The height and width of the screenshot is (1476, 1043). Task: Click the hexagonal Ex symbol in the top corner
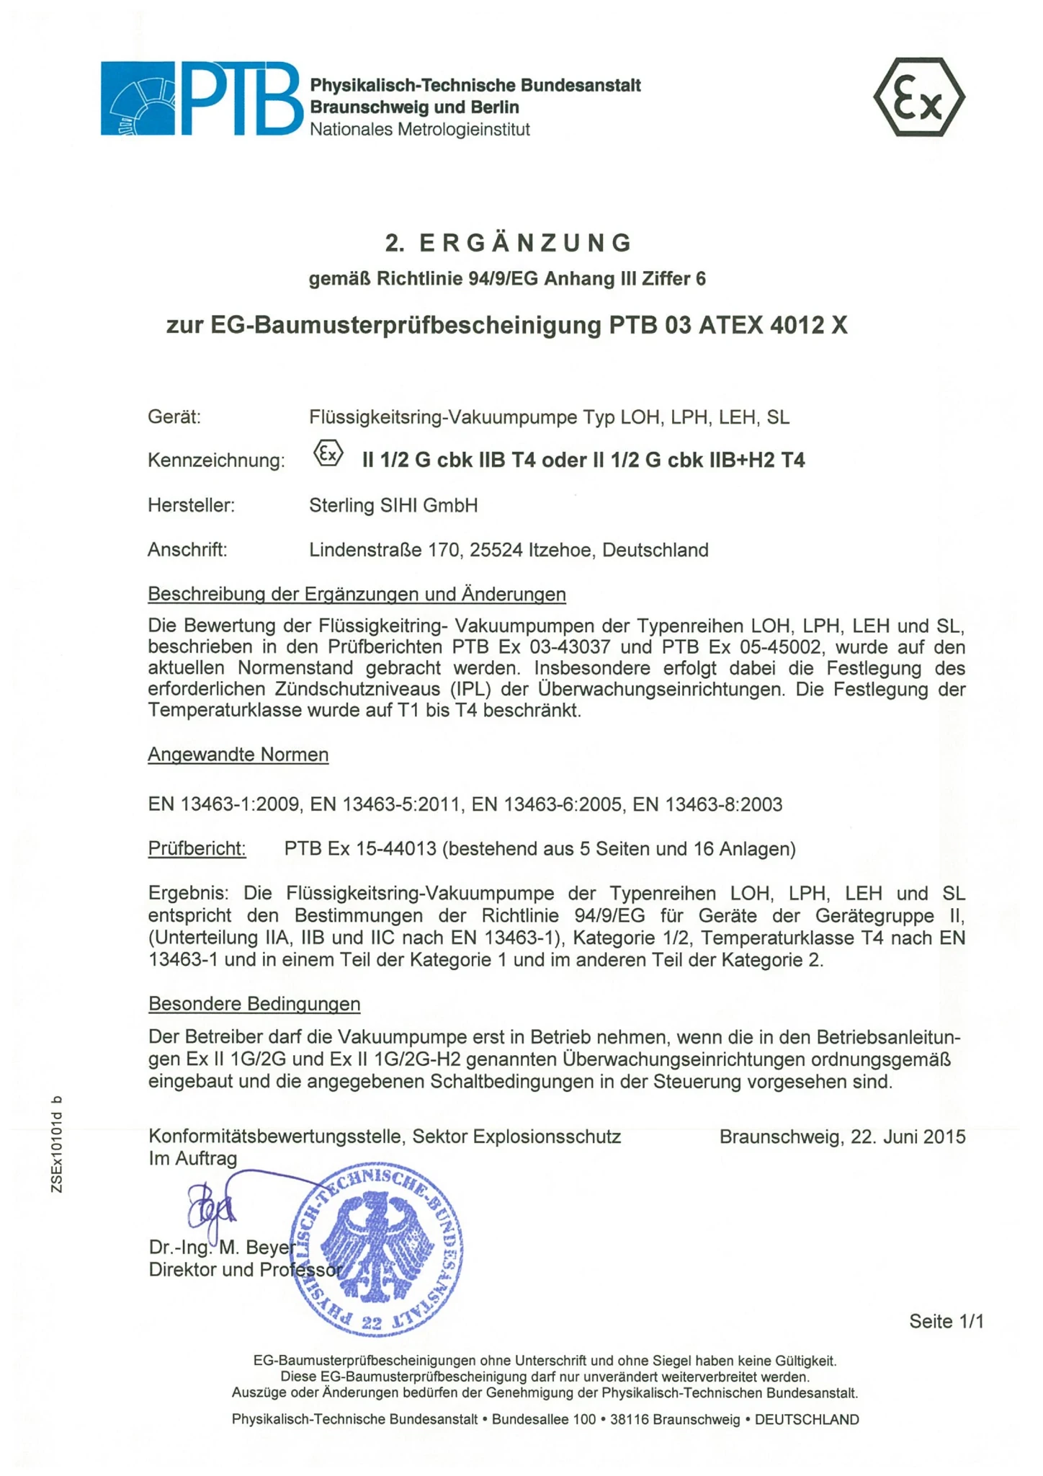coord(918,97)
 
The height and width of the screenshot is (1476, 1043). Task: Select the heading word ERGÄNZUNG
coord(525,243)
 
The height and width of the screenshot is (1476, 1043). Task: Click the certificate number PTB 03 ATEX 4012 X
coord(728,326)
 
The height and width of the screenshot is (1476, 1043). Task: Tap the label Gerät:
coord(174,417)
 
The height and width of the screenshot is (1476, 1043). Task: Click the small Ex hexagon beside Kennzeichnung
coord(328,454)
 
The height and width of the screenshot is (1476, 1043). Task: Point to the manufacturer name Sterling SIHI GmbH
coord(393,505)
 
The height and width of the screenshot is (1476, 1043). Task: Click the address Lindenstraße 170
coord(385,550)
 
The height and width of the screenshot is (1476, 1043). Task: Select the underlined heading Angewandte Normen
coord(238,755)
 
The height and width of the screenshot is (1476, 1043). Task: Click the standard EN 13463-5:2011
coord(385,804)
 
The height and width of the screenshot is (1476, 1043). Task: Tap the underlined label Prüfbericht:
coord(197,848)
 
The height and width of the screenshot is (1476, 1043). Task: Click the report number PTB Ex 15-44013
coord(360,849)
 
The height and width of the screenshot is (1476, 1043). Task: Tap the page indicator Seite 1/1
coord(946,1321)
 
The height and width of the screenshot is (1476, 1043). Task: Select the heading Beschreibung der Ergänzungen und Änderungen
coord(357,594)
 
